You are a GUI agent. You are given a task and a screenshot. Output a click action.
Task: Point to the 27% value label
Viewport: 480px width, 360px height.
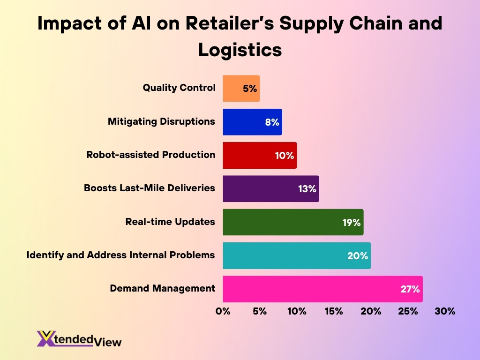click(410, 289)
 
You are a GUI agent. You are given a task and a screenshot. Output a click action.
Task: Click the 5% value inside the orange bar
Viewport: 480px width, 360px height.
click(250, 89)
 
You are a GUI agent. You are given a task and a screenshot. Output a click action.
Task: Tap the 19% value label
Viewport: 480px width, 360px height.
click(351, 222)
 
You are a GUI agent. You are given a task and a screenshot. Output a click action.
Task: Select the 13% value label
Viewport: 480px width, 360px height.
click(307, 189)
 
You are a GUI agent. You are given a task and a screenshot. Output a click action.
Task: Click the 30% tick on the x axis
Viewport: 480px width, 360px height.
click(444, 311)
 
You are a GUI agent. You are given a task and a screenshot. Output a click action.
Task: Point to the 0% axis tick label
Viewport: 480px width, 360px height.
click(223, 311)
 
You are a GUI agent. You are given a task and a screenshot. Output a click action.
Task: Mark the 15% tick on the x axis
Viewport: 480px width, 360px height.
click(333, 311)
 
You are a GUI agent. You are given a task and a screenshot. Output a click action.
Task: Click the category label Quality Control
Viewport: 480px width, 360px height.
click(179, 88)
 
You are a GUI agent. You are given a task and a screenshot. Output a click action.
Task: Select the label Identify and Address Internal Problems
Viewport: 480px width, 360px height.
click(120, 255)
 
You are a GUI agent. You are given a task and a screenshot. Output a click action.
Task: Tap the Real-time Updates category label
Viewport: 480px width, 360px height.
click(170, 222)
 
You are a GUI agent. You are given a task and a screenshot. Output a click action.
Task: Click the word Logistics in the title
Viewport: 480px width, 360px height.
click(240, 49)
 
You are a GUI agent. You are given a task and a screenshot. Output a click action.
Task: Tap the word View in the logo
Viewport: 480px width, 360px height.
click(108, 342)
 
